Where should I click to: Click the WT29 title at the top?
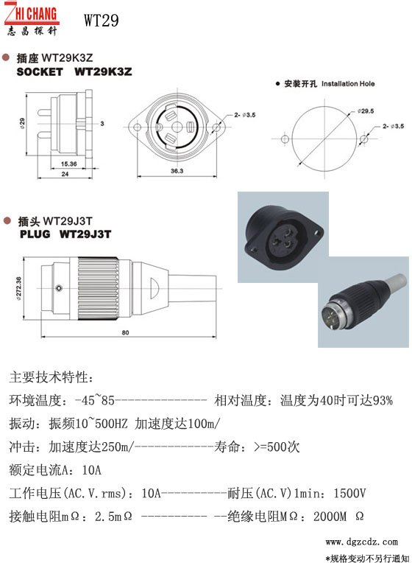101,20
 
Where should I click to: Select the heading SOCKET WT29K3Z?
74,71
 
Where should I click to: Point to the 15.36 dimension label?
68,164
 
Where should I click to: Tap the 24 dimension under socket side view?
65,174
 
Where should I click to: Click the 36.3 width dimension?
177,171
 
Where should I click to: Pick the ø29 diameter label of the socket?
22,123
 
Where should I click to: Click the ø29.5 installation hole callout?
366,111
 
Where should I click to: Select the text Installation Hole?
348,84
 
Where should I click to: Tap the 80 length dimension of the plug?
125,332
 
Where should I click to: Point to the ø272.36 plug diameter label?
18,288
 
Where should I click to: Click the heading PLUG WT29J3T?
65,234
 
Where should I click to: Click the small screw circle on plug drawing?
59,288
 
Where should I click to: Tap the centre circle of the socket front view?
177,127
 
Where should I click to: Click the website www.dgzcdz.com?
361,542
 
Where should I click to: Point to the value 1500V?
349,493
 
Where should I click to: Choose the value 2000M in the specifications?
330,517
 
